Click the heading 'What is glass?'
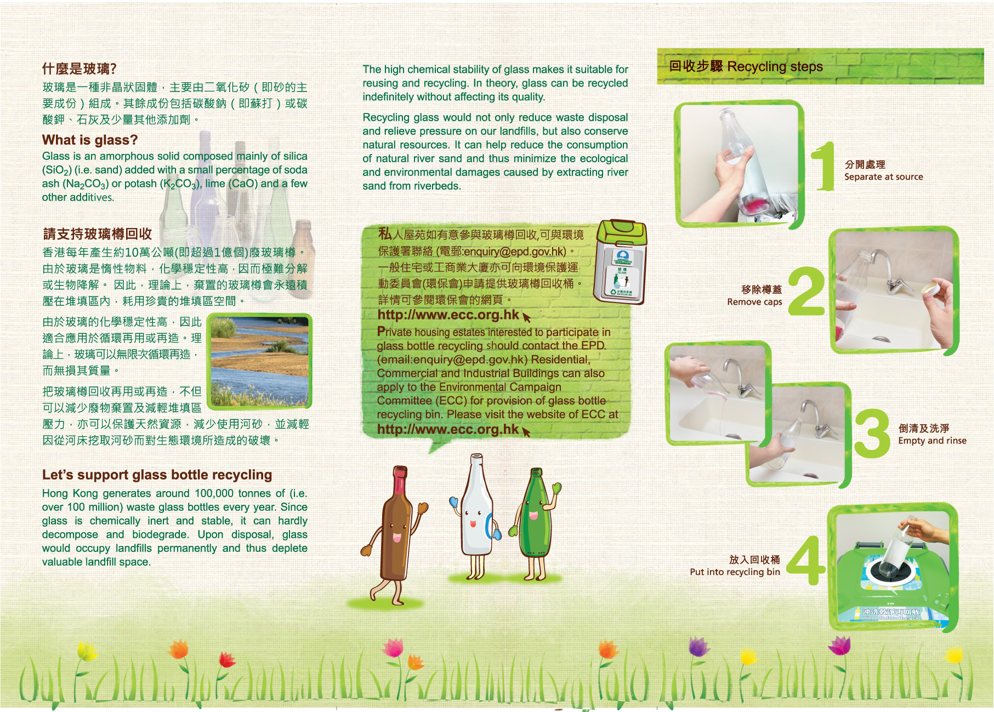(x=90, y=140)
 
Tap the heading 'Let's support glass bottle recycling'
(x=157, y=475)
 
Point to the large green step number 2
(x=806, y=291)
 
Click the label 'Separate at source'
(x=883, y=176)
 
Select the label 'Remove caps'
(x=754, y=301)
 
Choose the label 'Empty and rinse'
(x=932, y=441)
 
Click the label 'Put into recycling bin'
(x=735, y=572)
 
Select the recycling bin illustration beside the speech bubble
(x=621, y=261)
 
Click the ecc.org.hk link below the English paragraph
(x=448, y=429)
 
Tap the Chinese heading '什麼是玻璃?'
(x=79, y=69)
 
